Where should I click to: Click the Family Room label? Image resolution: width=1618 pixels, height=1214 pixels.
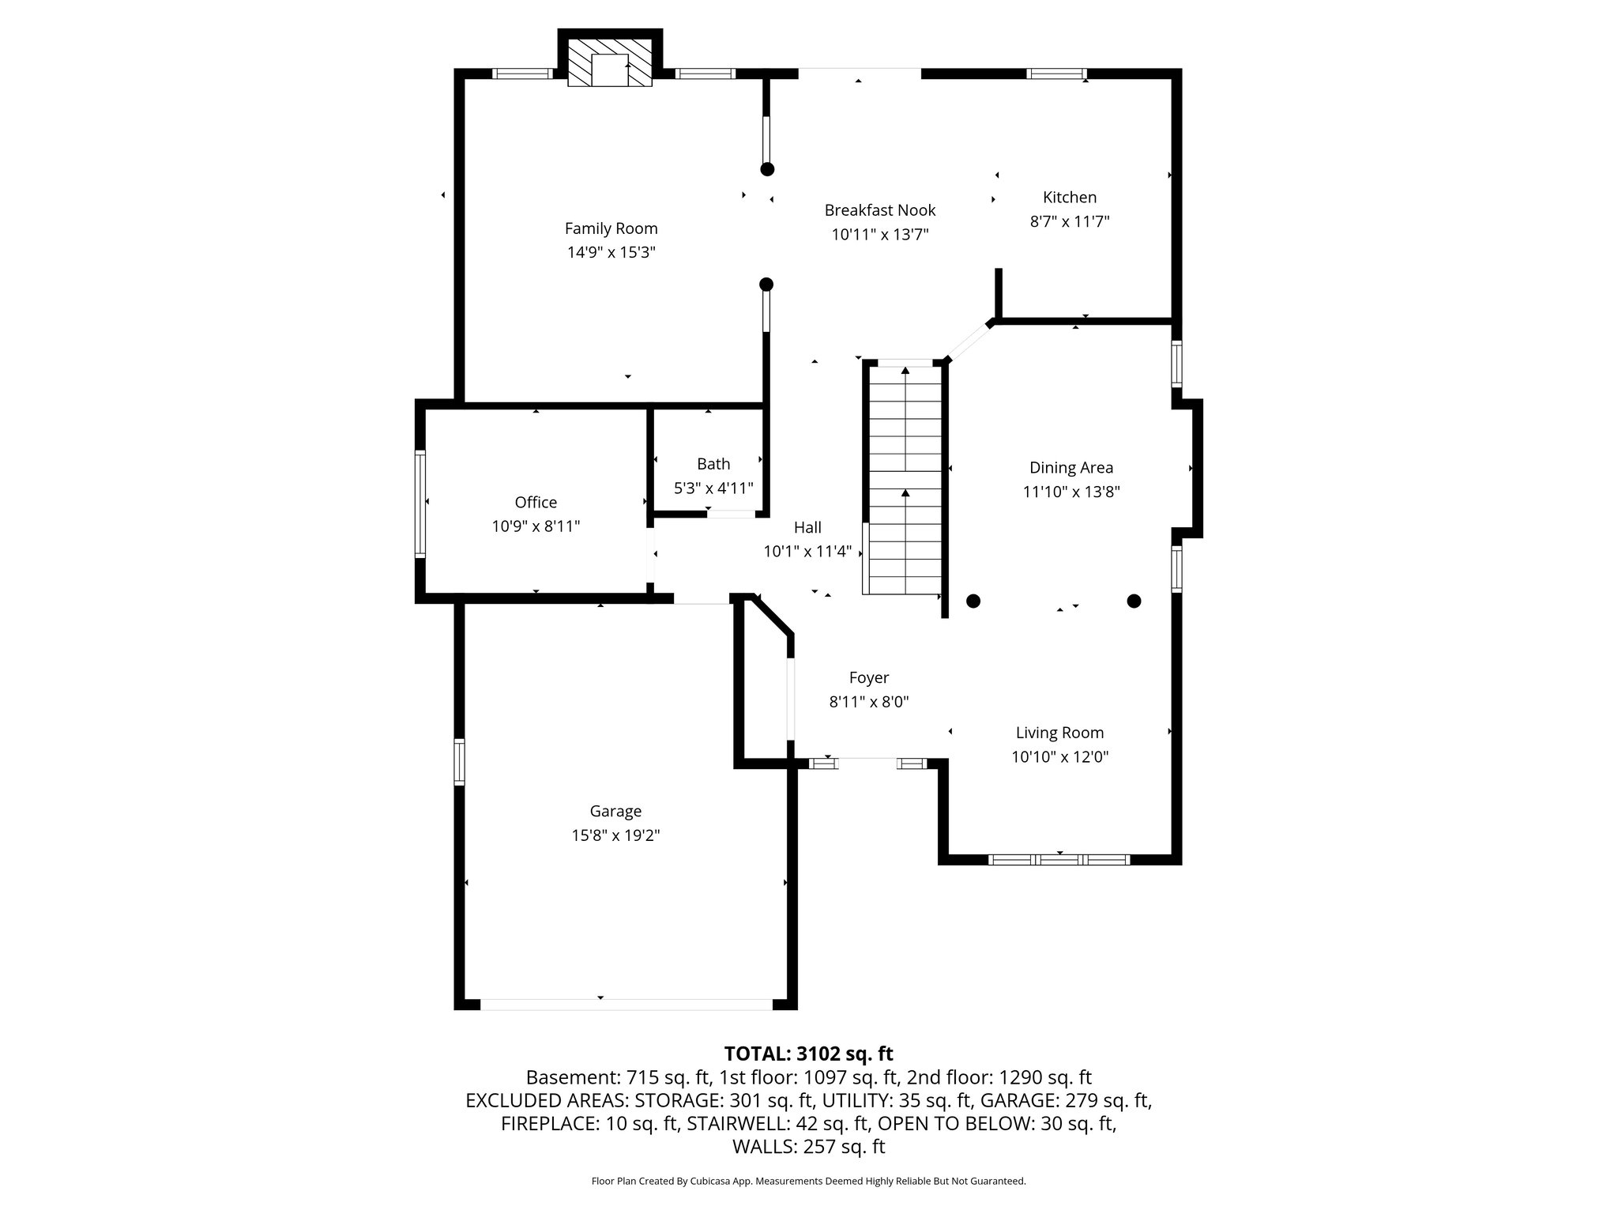(611, 228)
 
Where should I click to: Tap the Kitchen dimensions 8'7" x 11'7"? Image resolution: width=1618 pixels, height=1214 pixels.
(1069, 222)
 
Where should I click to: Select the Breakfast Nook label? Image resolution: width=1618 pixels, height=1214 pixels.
(879, 210)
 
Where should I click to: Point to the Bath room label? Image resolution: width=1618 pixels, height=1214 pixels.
(713, 464)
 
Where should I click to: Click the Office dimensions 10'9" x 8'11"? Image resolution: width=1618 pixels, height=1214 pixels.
(536, 526)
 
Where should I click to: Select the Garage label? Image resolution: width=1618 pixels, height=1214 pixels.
(615, 811)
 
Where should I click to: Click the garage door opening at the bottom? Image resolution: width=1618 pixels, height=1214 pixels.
(626, 1005)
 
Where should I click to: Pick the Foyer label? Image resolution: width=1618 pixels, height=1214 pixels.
(868, 677)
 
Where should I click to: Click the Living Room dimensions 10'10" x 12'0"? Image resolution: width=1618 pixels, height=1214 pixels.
(1059, 757)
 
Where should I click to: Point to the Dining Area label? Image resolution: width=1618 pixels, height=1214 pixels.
(1071, 467)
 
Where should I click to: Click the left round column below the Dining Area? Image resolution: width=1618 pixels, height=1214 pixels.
(973, 601)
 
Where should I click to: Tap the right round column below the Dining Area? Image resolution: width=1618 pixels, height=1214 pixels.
(1134, 601)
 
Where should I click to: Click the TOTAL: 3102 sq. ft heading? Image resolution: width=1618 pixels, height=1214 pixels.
(808, 1054)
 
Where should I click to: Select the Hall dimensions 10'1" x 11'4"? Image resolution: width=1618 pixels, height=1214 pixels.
(807, 552)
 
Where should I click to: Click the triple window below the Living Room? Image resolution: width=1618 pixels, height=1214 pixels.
(1059, 860)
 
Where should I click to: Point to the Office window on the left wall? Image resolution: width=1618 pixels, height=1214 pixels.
(420, 504)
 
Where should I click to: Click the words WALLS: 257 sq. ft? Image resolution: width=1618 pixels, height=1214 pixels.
(808, 1147)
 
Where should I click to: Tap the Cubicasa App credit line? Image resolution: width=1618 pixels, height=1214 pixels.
(808, 1182)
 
